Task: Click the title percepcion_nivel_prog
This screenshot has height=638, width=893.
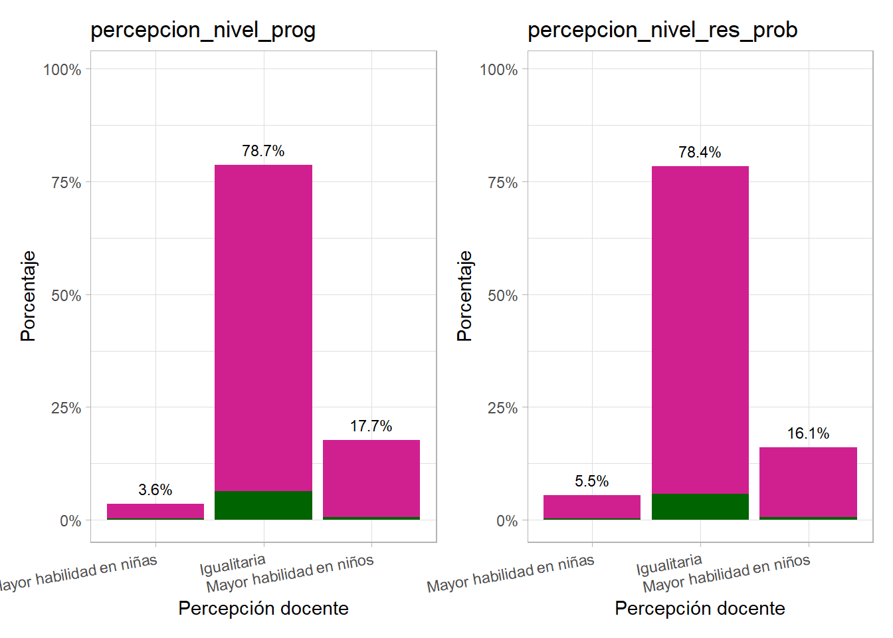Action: click(x=203, y=31)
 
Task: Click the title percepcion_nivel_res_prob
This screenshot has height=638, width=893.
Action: click(x=662, y=31)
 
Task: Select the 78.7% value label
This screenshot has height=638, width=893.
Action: click(x=263, y=152)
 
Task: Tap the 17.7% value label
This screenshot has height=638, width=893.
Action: click(x=371, y=427)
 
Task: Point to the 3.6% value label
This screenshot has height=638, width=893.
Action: click(x=155, y=490)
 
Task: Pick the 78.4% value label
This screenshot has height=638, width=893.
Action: click(x=700, y=153)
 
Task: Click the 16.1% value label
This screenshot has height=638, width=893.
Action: click(x=808, y=434)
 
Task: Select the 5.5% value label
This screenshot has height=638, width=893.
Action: click(x=591, y=482)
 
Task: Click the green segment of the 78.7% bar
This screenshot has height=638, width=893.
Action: click(x=263, y=505)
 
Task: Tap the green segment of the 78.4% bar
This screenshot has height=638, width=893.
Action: click(x=700, y=506)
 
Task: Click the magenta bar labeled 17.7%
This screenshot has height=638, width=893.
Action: click(x=371, y=478)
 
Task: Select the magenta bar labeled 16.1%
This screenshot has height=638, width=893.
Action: click(x=808, y=482)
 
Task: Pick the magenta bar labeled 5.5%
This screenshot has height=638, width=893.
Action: click(x=591, y=506)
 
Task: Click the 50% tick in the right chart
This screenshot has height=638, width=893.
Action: click(x=502, y=296)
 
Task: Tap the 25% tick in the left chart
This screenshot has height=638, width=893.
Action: click(x=66, y=408)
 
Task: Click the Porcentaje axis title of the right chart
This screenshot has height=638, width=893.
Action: click(x=464, y=296)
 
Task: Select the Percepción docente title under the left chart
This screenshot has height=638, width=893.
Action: click(x=263, y=608)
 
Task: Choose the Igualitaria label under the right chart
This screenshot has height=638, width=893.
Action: click(x=669, y=564)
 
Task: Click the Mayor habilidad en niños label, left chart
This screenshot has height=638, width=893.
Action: click(x=290, y=574)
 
